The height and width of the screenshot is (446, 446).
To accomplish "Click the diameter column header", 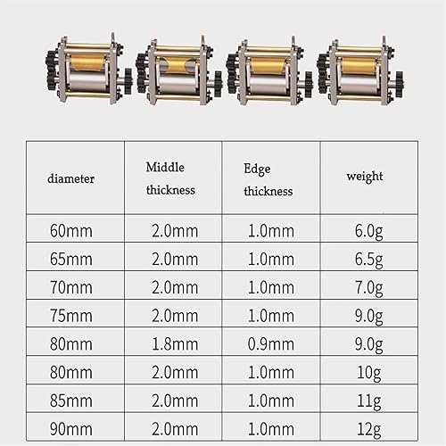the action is pyautogui.click(x=71, y=178).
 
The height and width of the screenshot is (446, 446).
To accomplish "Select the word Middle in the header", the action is pyautogui.click(x=165, y=167).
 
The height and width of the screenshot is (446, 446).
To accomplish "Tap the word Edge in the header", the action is pyautogui.click(x=257, y=169).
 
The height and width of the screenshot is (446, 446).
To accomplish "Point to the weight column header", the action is pyautogui.click(x=365, y=177).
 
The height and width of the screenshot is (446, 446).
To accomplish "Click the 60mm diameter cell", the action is pyautogui.click(x=71, y=231).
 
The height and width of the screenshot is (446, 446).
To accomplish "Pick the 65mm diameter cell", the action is pyautogui.click(x=71, y=259).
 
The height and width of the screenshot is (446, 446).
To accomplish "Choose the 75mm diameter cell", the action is pyautogui.click(x=71, y=316).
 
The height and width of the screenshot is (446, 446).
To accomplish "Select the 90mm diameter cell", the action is pyautogui.click(x=71, y=429).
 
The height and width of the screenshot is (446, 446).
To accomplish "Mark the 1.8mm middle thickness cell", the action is pyautogui.click(x=175, y=344).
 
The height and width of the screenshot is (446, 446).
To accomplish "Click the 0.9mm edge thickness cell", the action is pyautogui.click(x=271, y=344).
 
